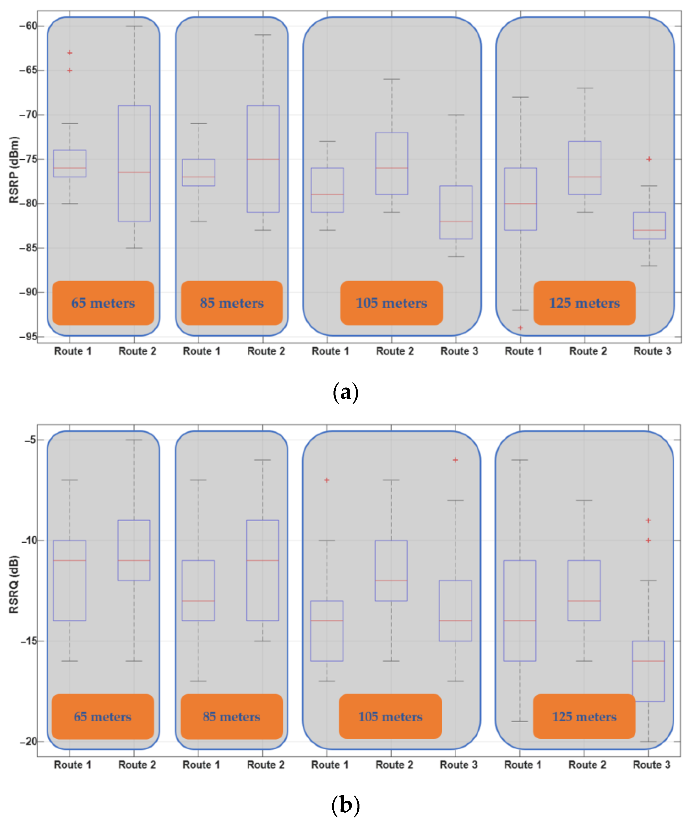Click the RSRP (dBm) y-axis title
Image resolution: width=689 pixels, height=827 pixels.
(14, 170)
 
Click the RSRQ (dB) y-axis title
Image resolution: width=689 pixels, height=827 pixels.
(14, 584)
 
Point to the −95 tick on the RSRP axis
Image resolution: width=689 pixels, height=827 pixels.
(28, 337)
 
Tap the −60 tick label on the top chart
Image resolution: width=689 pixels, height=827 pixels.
(28, 26)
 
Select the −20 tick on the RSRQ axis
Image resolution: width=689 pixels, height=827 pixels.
(28, 741)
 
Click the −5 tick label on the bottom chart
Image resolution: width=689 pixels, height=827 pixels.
(30, 440)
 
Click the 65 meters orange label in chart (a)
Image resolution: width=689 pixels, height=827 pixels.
(103, 303)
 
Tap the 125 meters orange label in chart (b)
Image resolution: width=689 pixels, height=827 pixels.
(584, 717)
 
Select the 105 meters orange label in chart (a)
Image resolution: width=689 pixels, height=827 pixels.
(391, 303)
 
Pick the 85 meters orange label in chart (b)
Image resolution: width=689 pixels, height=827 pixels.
(232, 717)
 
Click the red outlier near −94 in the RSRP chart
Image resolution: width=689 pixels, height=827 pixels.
(520, 328)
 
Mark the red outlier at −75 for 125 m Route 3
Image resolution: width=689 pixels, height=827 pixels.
(649, 159)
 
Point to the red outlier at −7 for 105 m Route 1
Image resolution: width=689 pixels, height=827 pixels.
(327, 480)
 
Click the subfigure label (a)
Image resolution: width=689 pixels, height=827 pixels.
(345, 393)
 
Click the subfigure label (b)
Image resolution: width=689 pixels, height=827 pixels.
(345, 805)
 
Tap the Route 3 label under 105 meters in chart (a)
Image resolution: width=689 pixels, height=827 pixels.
(459, 351)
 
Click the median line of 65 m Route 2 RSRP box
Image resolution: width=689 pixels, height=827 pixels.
(134, 173)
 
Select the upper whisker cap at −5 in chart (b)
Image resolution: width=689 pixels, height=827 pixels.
(134, 440)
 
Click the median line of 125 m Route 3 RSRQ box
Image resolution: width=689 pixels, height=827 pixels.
(648, 661)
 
